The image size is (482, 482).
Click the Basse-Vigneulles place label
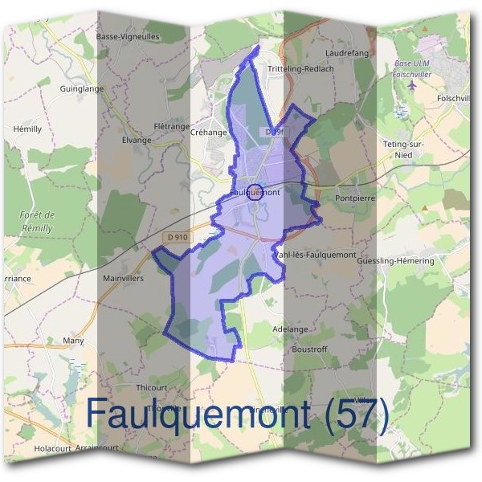(x=128, y=37)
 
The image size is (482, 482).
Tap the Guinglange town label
(x=82, y=89)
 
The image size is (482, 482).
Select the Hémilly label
(x=27, y=129)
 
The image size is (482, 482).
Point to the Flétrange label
(x=170, y=127)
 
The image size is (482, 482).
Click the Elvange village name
(x=137, y=140)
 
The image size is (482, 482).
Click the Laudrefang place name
(x=346, y=53)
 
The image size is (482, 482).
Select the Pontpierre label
(x=356, y=197)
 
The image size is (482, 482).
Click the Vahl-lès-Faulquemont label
(x=315, y=255)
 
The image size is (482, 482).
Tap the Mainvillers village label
(x=124, y=279)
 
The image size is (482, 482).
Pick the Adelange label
(x=290, y=329)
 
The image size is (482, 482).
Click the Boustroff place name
(x=311, y=349)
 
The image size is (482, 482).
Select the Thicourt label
(x=151, y=386)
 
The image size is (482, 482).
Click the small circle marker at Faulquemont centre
(x=254, y=191)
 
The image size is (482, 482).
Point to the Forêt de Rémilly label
(x=37, y=221)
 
